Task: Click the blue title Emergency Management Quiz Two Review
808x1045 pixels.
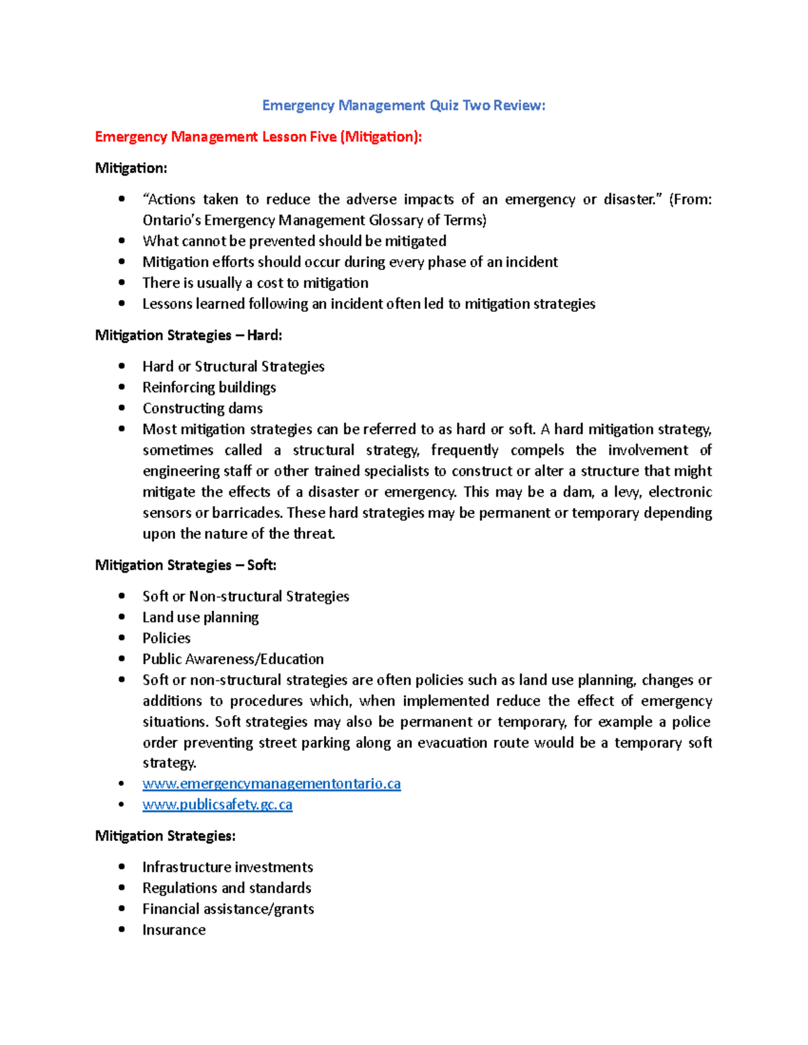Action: pyautogui.click(x=403, y=105)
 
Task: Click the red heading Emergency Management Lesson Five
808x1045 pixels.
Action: pyautogui.click(x=259, y=137)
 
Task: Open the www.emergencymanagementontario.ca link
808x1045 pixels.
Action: pyautogui.click(x=271, y=784)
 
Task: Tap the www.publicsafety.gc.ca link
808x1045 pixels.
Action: pyautogui.click(x=217, y=805)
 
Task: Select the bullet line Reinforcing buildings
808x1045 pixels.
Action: pyautogui.click(x=209, y=388)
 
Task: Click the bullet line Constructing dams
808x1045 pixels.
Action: pyautogui.click(x=202, y=408)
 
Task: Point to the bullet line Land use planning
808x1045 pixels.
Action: pyautogui.click(x=200, y=618)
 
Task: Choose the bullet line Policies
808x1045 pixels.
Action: pyautogui.click(x=166, y=639)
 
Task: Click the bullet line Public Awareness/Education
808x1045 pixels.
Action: pyautogui.click(x=233, y=659)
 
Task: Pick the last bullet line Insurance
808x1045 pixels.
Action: pyautogui.click(x=174, y=930)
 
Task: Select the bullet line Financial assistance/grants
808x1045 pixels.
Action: pyautogui.click(x=228, y=909)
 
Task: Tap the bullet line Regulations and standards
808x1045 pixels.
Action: pyautogui.click(x=226, y=888)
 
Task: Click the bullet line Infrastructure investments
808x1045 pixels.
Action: pyautogui.click(x=228, y=867)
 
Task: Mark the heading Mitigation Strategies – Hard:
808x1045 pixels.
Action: pyautogui.click(x=189, y=335)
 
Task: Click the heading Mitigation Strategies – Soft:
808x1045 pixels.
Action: pyautogui.click(x=186, y=565)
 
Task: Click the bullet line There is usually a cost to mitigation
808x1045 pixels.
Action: pyautogui.click(x=255, y=283)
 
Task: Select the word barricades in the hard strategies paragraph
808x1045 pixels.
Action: pyautogui.click(x=247, y=513)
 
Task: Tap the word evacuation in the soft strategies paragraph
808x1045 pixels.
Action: pyautogui.click(x=452, y=743)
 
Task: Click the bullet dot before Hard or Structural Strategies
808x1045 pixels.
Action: pyautogui.click(x=122, y=366)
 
